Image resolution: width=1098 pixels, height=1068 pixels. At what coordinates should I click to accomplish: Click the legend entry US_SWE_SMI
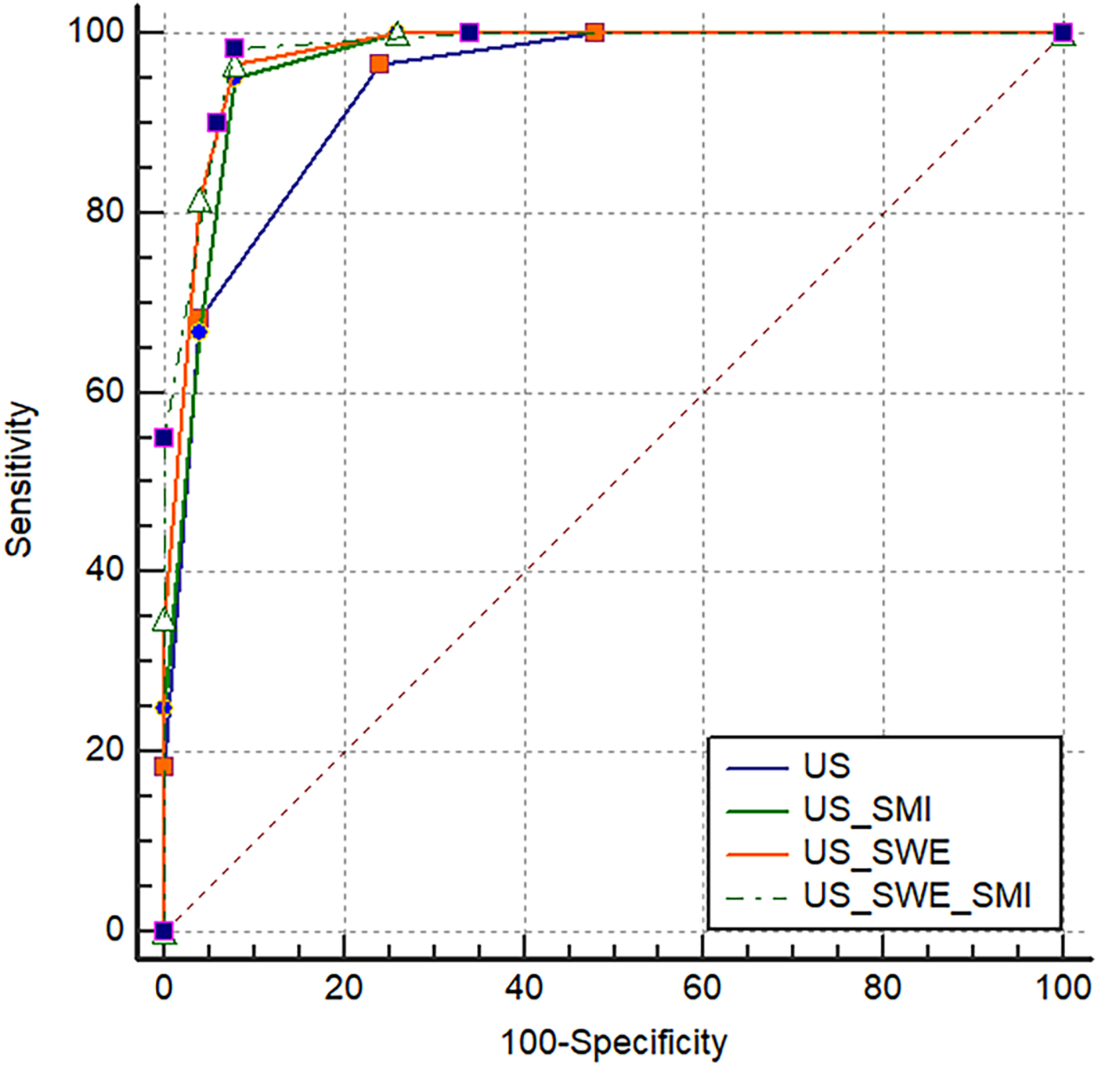tap(916, 895)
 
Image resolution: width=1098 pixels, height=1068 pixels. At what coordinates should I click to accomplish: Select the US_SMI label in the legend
tap(867, 809)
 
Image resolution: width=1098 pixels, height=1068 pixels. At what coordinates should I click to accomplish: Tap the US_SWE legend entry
tap(876, 852)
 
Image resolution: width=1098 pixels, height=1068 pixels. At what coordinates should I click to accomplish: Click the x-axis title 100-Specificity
tap(613, 1043)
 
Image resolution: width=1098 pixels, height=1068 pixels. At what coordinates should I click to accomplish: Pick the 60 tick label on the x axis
tap(703, 987)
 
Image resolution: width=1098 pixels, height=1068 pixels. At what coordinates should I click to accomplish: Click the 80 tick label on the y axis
tap(105, 211)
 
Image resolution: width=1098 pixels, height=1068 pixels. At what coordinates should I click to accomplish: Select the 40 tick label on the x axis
tap(523, 987)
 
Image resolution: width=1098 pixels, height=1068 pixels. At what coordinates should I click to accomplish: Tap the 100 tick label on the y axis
tap(96, 31)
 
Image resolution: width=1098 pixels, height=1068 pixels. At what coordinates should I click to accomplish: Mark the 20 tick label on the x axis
tap(343, 987)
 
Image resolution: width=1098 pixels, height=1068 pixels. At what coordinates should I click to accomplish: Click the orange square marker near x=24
tap(379, 64)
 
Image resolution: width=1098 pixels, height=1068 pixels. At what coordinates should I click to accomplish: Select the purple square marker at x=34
tap(469, 32)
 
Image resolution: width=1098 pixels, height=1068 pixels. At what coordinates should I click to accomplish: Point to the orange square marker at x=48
tap(594, 32)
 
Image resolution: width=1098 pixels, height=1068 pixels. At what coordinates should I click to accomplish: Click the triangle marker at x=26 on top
tap(397, 34)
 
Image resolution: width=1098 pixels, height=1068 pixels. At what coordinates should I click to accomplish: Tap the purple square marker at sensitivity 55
tap(163, 437)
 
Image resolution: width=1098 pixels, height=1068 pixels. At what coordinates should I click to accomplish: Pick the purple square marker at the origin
tap(163, 931)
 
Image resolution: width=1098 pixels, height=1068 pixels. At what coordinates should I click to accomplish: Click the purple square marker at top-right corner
tap(1062, 32)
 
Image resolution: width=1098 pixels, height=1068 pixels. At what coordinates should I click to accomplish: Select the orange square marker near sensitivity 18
tap(163, 766)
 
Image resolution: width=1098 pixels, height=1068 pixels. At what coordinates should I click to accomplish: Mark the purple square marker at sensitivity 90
tap(217, 122)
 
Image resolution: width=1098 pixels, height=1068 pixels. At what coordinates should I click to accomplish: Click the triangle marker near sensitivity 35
tap(163, 620)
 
